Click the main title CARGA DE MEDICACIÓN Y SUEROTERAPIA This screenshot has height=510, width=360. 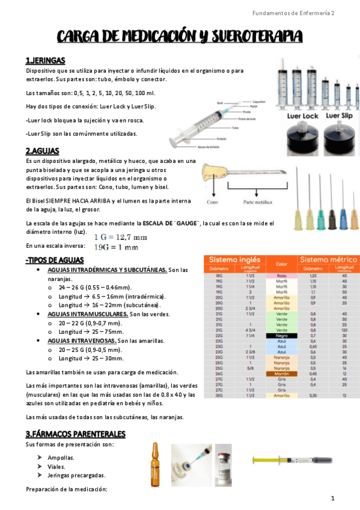point(180,38)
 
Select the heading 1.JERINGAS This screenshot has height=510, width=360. point(46,61)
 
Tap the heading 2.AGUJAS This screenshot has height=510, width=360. point(42,151)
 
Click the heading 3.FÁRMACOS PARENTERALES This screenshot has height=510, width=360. point(75,434)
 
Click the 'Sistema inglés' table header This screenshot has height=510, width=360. point(235,259)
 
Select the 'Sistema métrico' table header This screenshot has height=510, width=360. point(328,259)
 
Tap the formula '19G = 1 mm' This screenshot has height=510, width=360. point(121,247)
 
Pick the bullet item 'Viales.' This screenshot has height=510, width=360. point(58,466)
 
